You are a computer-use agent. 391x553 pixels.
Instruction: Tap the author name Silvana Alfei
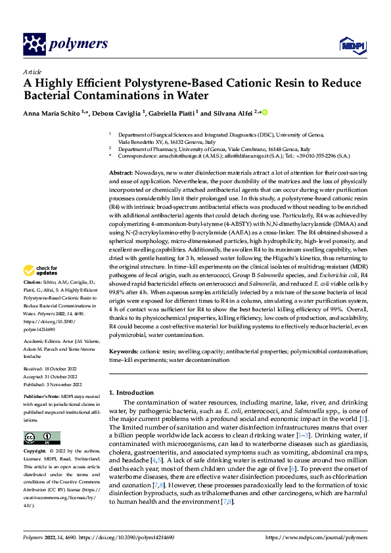230,113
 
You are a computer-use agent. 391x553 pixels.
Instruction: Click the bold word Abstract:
123,171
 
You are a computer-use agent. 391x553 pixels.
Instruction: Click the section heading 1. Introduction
131,392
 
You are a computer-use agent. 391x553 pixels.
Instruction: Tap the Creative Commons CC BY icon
38,438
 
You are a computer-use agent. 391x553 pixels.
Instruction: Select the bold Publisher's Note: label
43,398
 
